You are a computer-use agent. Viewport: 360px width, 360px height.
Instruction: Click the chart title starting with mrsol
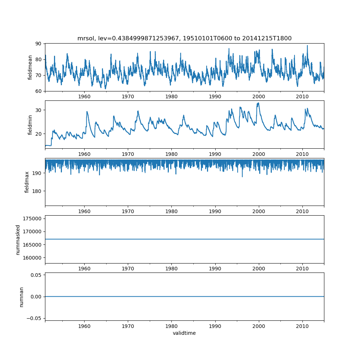coord(184,38)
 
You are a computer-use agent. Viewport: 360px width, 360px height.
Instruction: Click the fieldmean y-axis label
coord(30,67)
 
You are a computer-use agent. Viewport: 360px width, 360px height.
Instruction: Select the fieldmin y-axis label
coord(30,125)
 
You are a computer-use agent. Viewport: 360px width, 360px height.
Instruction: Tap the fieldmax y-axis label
coord(27,182)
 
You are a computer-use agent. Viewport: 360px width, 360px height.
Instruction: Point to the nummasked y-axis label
coord(18,239)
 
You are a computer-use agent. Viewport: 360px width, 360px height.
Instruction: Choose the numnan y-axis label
coord(21,297)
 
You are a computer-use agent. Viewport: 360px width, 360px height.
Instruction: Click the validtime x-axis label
coord(184,333)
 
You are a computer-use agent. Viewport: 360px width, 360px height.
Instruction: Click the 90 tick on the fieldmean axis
coord(39,44)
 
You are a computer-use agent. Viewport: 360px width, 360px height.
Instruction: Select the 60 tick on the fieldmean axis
coord(39,91)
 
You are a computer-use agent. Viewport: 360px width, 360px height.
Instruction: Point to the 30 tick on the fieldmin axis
coord(39,110)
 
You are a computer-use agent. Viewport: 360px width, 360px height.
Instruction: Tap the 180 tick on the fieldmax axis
coord(37,191)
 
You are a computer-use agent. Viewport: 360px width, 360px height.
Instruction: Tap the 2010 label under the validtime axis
coord(302,326)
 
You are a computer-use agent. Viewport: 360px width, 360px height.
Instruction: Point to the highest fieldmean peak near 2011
coord(307,45)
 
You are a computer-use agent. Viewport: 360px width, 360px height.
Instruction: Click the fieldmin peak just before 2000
coord(258,103)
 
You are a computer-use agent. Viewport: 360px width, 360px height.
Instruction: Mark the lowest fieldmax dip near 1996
coord(242,177)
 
